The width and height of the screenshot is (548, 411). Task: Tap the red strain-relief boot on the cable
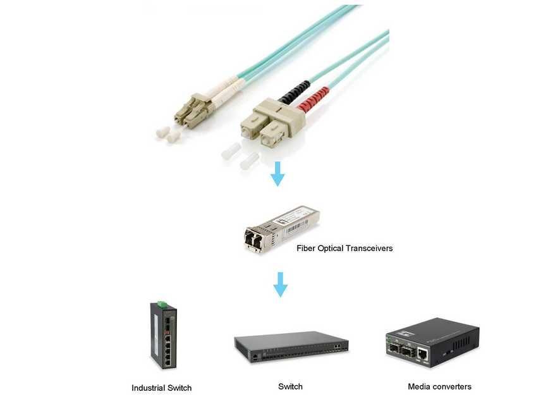[x=314, y=100]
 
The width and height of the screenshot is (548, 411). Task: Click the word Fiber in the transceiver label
[x=307, y=248]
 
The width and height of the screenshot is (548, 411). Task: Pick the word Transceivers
[x=370, y=248]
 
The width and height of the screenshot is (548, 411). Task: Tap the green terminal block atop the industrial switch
[x=163, y=305]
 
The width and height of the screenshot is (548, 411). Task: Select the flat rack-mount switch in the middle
[x=291, y=347]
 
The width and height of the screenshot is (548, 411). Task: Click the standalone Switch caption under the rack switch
[x=290, y=386]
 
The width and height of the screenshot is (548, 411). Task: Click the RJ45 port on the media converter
[x=423, y=357]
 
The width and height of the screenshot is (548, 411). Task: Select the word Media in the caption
[x=418, y=386]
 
